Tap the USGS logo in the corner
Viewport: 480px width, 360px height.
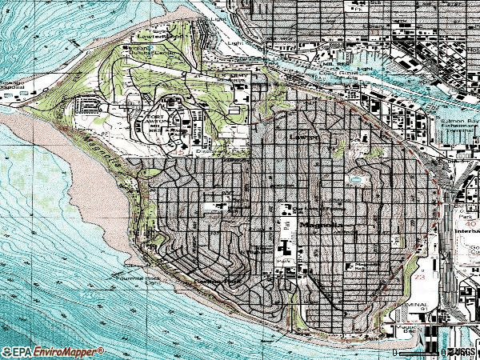(x=462, y=351)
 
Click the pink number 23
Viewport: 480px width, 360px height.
(x=421, y=279)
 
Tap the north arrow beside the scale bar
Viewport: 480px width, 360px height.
(x=442, y=350)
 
